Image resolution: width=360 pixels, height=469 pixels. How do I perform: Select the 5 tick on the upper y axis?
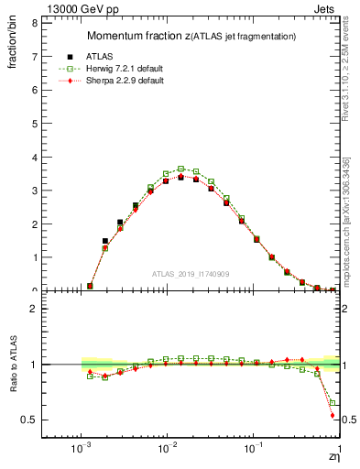pos(34,123)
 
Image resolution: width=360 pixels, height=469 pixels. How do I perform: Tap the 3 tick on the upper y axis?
pos(34,191)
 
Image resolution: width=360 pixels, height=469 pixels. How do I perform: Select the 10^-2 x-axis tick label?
pos(167,452)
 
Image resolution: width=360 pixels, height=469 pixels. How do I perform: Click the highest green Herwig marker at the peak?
pos(181,169)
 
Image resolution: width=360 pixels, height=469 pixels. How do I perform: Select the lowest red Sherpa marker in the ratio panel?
pos(333,415)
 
